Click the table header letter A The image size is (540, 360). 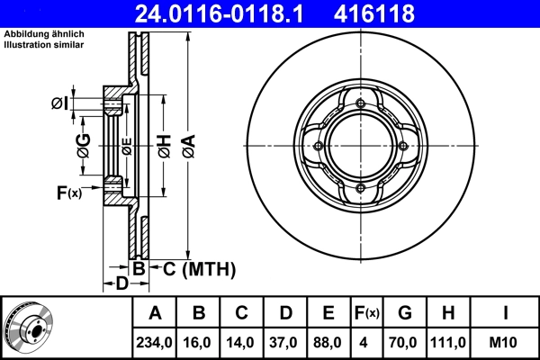coord(155,313)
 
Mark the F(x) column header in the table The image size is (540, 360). coord(366,313)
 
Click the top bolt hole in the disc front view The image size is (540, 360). coord(361,104)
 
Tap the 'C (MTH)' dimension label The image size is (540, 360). coord(199,268)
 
